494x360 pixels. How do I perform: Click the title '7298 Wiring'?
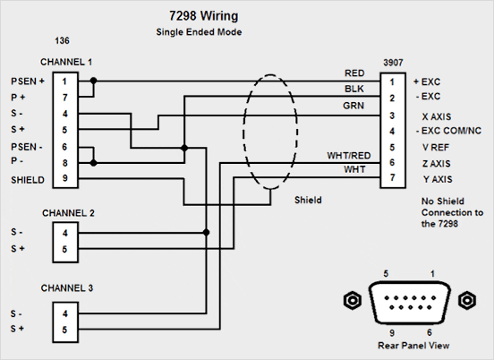tap(203, 16)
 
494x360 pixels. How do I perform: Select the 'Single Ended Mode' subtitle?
tap(199, 32)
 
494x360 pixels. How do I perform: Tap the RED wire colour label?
tap(354, 73)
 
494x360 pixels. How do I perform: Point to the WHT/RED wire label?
tap(349, 156)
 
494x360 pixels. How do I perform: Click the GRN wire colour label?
tap(353, 106)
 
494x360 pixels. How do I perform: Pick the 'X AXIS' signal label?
tap(437, 116)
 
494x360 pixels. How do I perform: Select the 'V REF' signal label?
tap(436, 147)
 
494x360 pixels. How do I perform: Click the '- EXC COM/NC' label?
tap(448, 131)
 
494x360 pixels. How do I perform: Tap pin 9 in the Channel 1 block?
tap(65, 178)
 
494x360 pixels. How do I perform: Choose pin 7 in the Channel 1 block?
tap(65, 98)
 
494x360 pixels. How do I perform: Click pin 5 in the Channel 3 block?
tap(64, 330)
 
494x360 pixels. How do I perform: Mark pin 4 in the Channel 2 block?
tap(65, 233)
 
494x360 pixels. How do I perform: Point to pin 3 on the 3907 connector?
tap(392, 116)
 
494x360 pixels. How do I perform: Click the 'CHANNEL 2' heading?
tap(68, 213)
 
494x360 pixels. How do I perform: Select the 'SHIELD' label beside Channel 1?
tap(28, 180)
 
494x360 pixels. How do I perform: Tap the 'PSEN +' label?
tap(28, 81)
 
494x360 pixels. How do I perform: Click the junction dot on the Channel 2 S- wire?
tap(206, 233)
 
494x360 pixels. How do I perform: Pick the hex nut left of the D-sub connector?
tap(352, 300)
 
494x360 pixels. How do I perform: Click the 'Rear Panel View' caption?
tap(413, 346)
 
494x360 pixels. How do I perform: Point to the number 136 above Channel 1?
tap(62, 40)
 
